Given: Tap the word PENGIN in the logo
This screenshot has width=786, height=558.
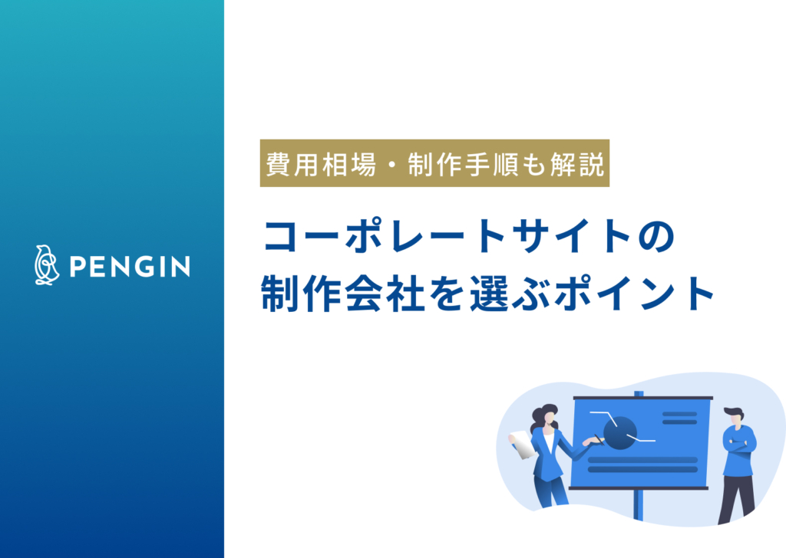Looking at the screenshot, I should (x=129, y=266).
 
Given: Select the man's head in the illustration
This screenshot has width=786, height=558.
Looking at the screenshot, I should (x=734, y=416).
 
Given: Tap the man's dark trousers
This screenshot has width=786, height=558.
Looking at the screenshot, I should (x=737, y=494).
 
